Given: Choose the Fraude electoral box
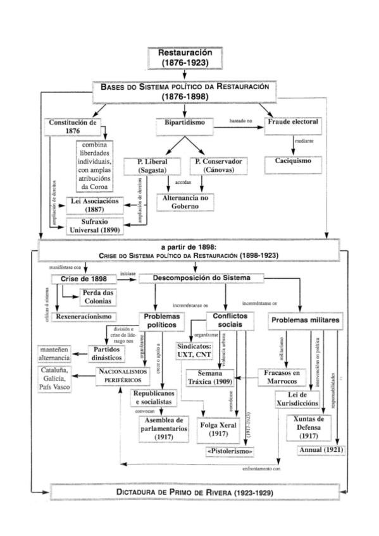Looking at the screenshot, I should tap(292, 122).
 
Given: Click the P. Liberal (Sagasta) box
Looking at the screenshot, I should tap(146, 166).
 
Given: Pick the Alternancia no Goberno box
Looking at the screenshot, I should tap(185, 201).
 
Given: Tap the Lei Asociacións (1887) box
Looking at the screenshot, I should tap(93, 205).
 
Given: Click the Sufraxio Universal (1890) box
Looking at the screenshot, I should tap(94, 226).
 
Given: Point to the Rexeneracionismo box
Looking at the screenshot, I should tap(82, 316).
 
